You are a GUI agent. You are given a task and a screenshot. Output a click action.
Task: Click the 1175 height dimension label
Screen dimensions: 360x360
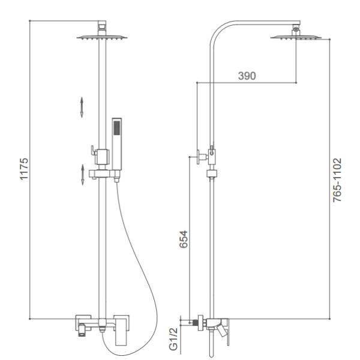tap(25, 169)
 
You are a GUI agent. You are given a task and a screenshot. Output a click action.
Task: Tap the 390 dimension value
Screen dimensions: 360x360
tap(247, 76)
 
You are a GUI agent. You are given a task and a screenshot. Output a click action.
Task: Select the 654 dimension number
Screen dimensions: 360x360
tap(184, 239)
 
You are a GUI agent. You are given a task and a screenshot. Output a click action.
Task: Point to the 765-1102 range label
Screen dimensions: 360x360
tap(337, 180)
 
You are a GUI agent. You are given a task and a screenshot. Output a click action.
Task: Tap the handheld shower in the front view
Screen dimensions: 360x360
tap(116, 144)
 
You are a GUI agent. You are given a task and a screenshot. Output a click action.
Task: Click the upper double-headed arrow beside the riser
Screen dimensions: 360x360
tap(82, 107)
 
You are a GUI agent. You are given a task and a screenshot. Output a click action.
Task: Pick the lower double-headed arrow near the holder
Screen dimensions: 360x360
tap(83, 175)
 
